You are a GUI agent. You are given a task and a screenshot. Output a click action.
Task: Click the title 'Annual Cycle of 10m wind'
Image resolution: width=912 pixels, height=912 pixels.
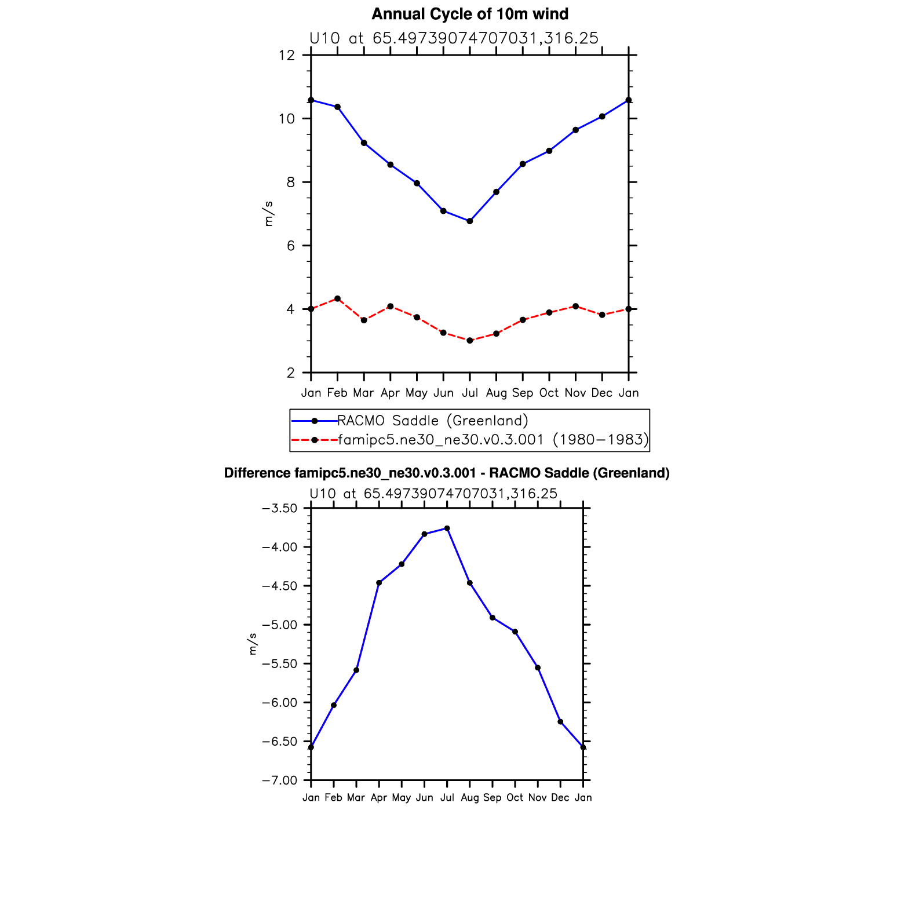point(469,14)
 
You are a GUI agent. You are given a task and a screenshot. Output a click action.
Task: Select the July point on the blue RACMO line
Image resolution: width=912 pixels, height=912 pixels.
point(470,221)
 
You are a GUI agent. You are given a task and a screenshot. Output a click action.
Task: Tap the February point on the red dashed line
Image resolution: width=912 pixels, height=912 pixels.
point(337,298)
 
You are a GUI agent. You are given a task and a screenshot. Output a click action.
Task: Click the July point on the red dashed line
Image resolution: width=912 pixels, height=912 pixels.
point(470,341)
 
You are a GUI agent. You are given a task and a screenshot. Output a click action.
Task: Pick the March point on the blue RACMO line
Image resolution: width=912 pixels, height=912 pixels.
point(364,143)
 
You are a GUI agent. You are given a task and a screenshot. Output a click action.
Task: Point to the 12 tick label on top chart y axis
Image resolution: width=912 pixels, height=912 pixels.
point(286,56)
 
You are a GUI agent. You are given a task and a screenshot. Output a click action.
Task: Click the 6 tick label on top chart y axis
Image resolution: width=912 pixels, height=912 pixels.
point(290,246)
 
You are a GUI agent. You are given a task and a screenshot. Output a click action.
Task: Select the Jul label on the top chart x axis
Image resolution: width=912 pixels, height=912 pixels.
point(470,393)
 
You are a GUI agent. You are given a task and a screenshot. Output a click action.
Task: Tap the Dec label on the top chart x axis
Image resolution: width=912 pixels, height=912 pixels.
point(602,393)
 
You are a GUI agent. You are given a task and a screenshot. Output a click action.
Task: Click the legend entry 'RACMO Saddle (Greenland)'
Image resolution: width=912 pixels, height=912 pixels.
point(432,421)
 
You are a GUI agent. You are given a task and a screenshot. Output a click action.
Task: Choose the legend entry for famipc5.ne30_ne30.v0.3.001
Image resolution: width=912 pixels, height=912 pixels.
point(493,440)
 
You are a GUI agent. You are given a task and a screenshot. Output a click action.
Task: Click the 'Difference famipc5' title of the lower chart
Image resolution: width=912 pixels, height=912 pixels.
point(446,473)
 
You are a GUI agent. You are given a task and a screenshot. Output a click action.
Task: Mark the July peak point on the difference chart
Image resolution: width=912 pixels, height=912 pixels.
point(447,528)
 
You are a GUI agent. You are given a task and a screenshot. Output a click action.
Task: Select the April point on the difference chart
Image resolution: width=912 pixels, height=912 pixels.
point(379,583)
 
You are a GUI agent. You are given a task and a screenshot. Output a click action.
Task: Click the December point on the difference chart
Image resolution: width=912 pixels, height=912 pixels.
point(560,722)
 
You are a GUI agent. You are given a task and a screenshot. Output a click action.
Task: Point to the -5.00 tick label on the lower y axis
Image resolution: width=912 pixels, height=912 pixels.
point(279,625)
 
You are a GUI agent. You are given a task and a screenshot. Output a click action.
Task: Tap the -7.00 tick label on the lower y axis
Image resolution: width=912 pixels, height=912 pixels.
point(279,780)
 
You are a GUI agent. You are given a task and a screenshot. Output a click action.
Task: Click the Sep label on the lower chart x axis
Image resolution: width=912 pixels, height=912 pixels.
point(492,798)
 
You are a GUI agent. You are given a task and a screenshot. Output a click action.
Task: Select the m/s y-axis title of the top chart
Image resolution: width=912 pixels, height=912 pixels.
point(268,214)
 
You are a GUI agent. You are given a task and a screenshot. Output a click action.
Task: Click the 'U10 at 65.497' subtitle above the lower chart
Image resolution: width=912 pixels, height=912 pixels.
point(433,494)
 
